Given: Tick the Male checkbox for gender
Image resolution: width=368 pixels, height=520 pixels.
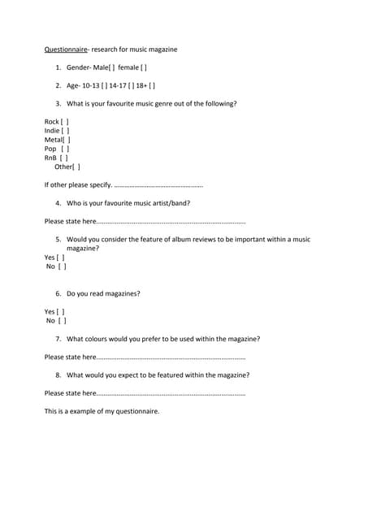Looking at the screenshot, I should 112,67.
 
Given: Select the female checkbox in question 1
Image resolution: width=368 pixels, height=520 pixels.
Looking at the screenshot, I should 144,67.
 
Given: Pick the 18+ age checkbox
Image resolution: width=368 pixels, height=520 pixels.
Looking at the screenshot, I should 152,85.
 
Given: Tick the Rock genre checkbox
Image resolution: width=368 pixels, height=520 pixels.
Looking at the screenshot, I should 66,121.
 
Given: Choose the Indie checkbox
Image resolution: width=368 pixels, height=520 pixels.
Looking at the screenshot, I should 66,130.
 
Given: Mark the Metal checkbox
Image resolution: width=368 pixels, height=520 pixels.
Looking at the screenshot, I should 67,140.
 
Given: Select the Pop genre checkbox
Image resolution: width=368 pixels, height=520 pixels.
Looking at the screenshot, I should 66,149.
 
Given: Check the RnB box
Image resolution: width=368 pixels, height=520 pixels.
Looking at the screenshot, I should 65,158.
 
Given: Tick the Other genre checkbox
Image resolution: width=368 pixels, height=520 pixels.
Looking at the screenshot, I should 77,167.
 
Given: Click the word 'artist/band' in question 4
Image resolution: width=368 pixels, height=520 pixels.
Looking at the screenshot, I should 171,203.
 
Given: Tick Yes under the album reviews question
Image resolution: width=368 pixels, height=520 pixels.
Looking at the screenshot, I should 61,258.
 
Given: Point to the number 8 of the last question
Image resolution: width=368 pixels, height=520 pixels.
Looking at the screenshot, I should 58,375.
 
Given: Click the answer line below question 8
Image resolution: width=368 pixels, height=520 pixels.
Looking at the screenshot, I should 171,393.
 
